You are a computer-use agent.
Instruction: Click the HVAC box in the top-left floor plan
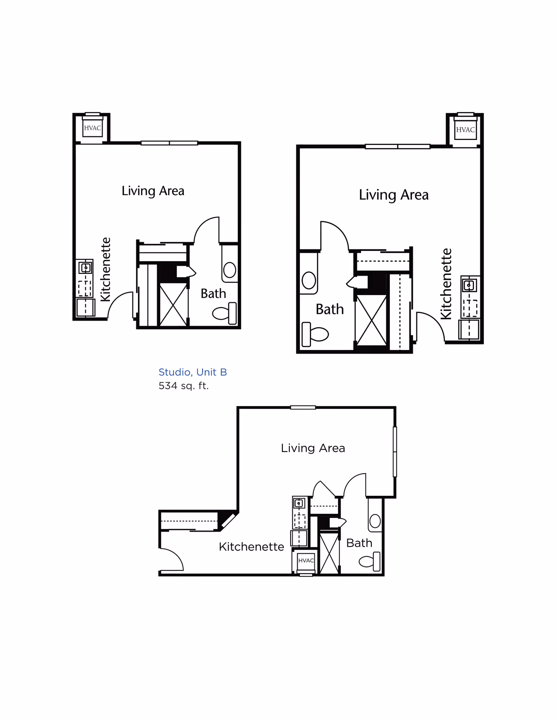click(x=92, y=128)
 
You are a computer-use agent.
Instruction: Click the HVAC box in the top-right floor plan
click(x=465, y=130)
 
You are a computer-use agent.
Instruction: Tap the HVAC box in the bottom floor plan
click(x=306, y=560)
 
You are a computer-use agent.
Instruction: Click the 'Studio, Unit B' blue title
click(x=193, y=372)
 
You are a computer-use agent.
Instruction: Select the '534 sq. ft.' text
click(x=183, y=386)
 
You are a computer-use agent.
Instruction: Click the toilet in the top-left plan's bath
click(x=225, y=313)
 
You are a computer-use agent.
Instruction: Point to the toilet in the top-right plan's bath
click(x=315, y=334)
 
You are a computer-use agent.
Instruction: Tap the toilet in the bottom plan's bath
click(x=370, y=561)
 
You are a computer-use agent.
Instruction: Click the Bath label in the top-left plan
click(x=213, y=294)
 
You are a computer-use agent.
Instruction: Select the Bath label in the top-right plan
click(x=329, y=309)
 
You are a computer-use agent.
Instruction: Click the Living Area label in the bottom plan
click(x=313, y=448)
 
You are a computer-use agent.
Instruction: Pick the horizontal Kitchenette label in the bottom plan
click(x=251, y=547)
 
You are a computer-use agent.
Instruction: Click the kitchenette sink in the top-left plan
click(x=85, y=268)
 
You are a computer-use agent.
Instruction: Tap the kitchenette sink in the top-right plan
click(x=469, y=285)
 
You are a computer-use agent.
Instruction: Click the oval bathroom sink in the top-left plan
click(x=230, y=270)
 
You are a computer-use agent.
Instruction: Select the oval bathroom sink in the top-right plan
click(x=309, y=280)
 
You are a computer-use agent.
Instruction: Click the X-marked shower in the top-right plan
click(x=371, y=320)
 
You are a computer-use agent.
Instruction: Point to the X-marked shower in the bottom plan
click(x=329, y=553)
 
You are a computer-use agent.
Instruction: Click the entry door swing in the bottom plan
click(x=171, y=559)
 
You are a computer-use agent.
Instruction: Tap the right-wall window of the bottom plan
click(x=395, y=451)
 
